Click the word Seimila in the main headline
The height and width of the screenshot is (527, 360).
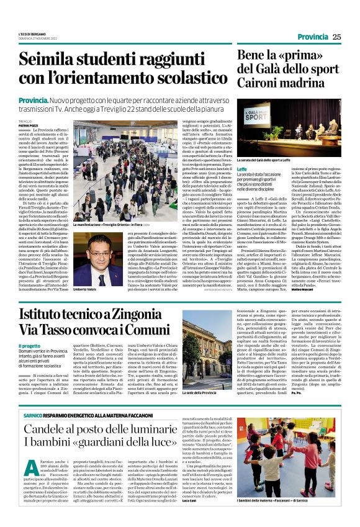click(x=67, y=61)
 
